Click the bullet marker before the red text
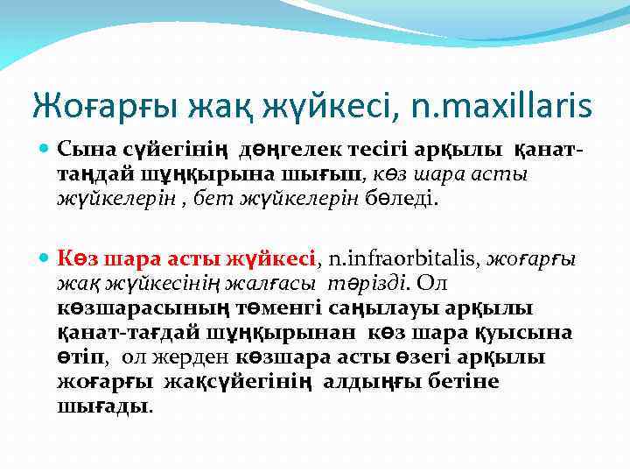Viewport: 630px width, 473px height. pos(45,258)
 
